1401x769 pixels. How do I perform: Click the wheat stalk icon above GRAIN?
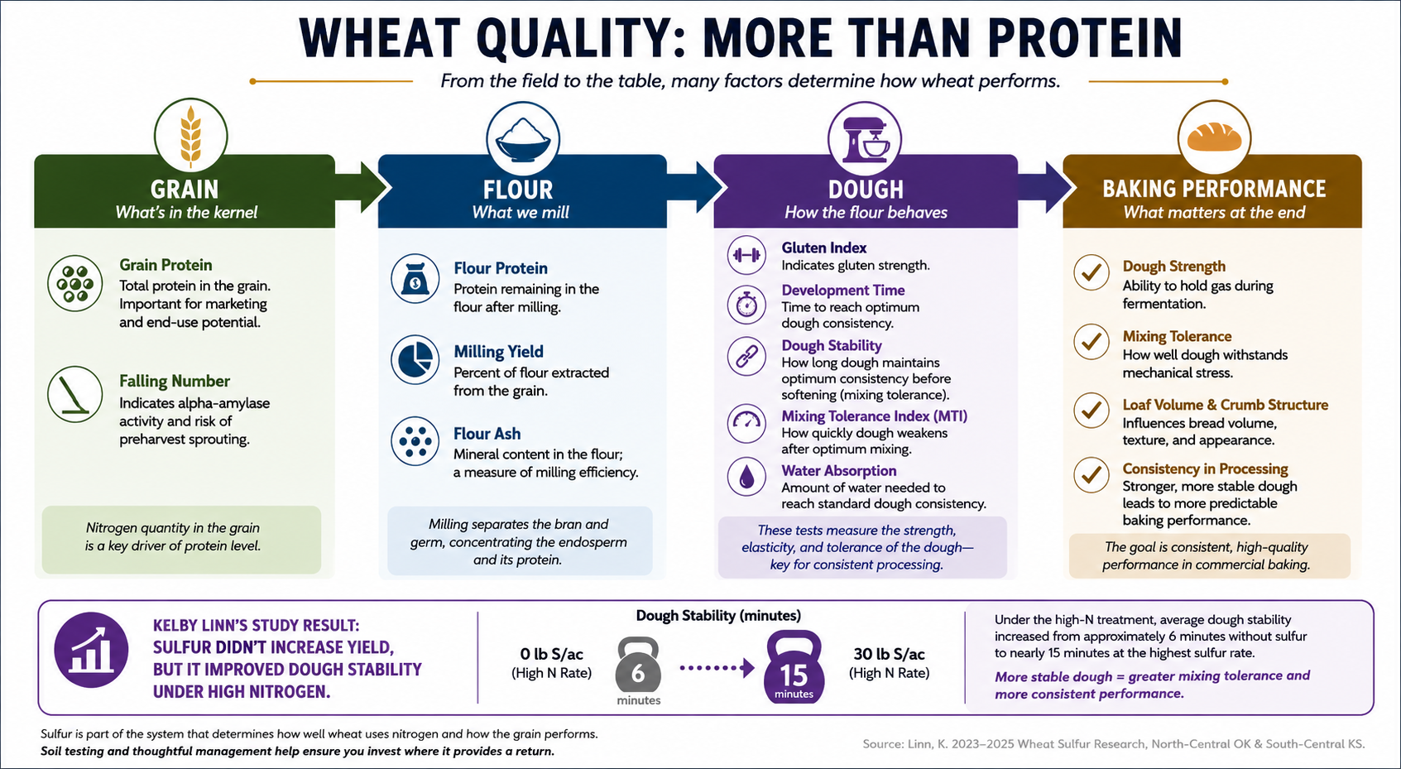click(191, 137)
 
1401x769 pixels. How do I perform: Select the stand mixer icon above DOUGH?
click(866, 140)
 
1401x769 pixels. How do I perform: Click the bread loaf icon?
click(1214, 137)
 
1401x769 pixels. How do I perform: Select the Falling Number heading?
click(175, 381)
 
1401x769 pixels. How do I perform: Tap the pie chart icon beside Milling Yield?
click(415, 360)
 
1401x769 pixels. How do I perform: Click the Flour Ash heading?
click(487, 434)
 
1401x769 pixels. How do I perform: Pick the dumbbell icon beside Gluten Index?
click(746, 255)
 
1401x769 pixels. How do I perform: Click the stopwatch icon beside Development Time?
click(746, 305)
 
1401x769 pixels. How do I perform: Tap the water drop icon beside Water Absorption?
click(746, 477)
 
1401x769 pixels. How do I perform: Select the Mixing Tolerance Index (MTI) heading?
click(875, 416)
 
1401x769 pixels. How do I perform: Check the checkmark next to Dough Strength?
click(1092, 272)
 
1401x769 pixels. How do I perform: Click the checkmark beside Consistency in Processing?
click(1092, 475)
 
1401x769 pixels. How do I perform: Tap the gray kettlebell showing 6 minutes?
click(637, 665)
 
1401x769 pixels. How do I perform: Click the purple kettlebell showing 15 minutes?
click(794, 667)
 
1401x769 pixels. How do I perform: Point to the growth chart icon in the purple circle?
click(91, 651)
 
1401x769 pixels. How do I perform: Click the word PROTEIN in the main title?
click(1086, 39)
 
